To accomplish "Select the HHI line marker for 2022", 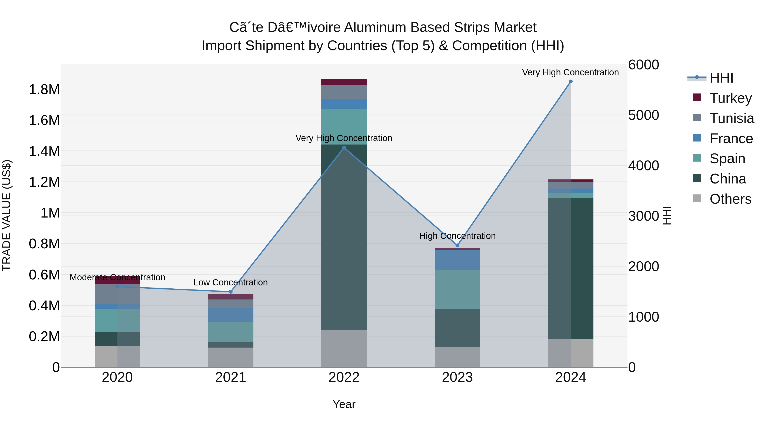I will (x=344, y=147).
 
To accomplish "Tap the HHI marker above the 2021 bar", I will (x=230, y=292).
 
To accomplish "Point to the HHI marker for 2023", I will (x=457, y=245).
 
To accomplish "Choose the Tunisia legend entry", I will (x=732, y=118).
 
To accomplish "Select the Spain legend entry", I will (x=727, y=159).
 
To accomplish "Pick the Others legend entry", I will (x=730, y=199).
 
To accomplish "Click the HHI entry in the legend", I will (x=721, y=78).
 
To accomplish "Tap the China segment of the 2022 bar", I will (x=344, y=238).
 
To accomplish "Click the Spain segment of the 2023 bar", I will (x=457, y=289).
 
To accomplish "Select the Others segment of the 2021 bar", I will (x=230, y=357).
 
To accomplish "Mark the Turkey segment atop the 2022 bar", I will (x=344, y=82).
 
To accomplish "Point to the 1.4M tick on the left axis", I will (x=44, y=151).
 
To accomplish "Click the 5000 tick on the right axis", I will (x=643, y=115).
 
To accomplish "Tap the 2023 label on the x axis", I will (x=457, y=377).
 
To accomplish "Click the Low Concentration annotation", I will (x=230, y=282).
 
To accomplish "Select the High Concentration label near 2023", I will (x=457, y=236).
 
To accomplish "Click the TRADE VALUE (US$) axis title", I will (x=7, y=215).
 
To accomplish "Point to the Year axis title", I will (x=344, y=404).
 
